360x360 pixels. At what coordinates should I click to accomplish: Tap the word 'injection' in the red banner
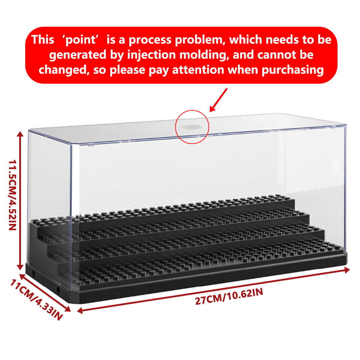pos(151,55)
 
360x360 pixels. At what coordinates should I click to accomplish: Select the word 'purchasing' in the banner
pos(292,70)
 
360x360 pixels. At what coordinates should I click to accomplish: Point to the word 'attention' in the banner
pos(198,70)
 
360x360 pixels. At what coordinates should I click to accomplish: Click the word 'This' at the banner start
pos(43,40)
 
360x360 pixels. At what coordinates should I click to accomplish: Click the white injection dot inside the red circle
pos(191,127)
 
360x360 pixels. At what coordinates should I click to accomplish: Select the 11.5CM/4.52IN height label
pos(13,195)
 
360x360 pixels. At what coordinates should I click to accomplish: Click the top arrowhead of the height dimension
pos(20,134)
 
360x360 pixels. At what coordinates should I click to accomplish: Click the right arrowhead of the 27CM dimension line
pos(346,270)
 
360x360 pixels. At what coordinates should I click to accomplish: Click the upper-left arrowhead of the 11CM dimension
pos(22,277)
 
